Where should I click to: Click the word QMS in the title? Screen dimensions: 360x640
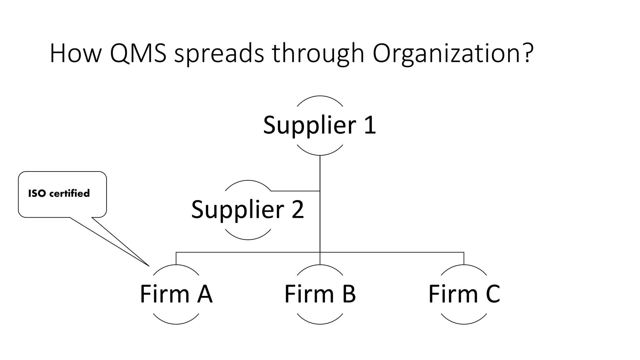pos(138,54)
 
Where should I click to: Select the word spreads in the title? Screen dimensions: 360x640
pos(219,54)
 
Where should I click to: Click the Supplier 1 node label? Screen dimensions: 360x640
pos(320,125)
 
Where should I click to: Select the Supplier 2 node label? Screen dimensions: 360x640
pos(247,210)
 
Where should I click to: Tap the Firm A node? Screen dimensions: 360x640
pos(176,294)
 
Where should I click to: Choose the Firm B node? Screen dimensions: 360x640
pos(320,294)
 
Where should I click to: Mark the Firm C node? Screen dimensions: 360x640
pos(464,294)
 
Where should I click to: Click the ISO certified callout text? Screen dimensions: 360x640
pos(59,193)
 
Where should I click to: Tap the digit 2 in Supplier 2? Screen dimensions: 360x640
pos(297,210)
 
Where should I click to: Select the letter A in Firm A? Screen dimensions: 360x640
pos(205,294)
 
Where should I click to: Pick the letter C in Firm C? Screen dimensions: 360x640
pos(492,294)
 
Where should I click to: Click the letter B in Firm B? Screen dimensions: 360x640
pos(349,294)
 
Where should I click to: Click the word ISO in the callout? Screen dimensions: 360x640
pos(37,193)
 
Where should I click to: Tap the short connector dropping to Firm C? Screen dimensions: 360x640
pos(464,258)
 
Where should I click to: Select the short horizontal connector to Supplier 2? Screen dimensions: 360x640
pos(295,191)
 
